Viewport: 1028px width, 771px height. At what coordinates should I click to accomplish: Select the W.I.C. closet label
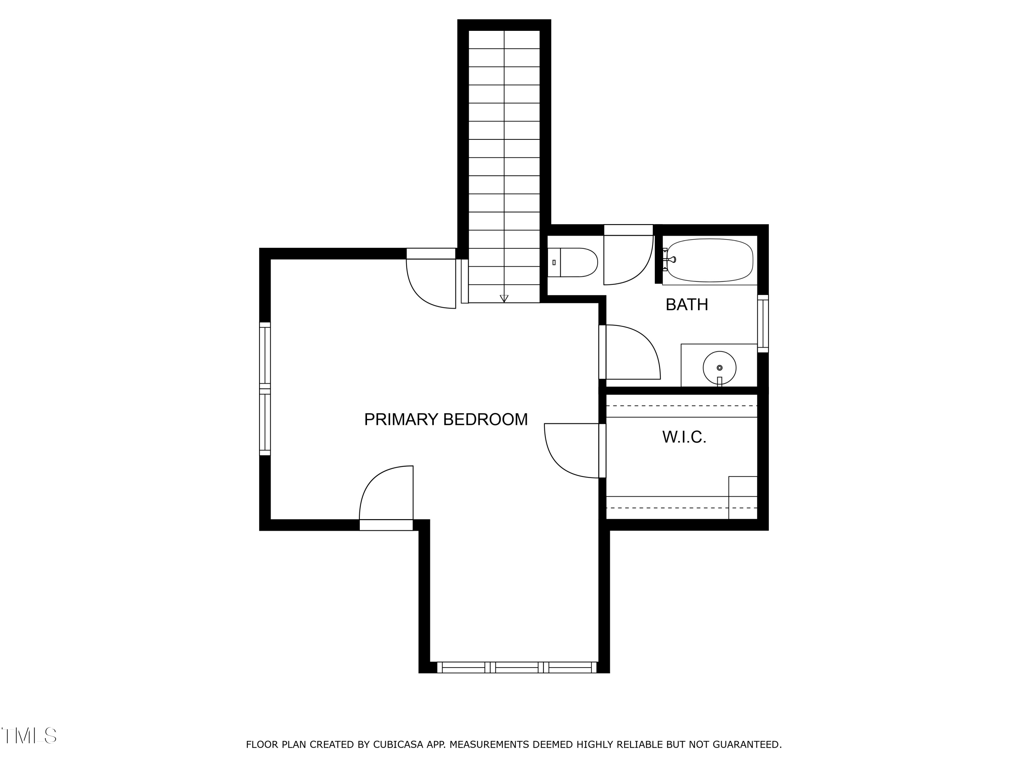(x=684, y=437)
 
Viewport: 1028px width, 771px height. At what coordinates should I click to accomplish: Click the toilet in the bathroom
(x=572, y=262)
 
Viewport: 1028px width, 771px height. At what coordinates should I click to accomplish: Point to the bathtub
(x=710, y=260)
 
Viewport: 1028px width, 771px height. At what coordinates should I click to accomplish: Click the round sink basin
(x=719, y=368)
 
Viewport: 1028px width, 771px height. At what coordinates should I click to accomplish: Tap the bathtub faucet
(x=669, y=259)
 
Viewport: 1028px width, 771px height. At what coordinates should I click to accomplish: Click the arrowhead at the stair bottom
(x=504, y=299)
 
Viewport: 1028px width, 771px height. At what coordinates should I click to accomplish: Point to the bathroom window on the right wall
(x=763, y=323)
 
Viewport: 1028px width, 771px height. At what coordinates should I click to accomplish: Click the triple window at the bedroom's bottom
(x=517, y=668)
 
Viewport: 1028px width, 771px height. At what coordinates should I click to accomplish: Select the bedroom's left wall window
(x=265, y=389)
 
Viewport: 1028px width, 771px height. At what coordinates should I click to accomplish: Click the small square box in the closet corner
(x=743, y=497)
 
